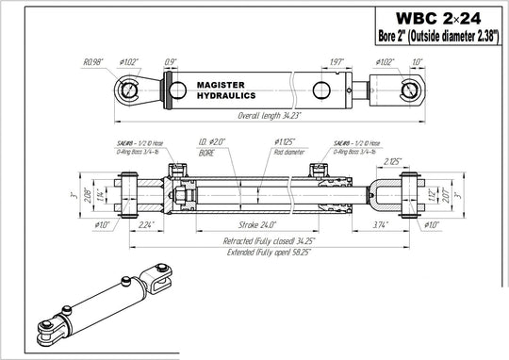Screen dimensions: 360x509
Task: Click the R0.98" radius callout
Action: point(93,62)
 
